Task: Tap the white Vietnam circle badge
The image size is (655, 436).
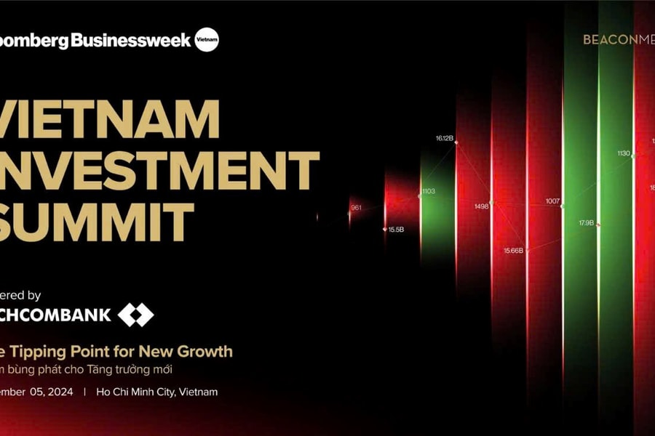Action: [x=207, y=40]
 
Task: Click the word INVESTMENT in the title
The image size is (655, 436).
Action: [x=160, y=170]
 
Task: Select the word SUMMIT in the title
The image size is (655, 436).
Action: [x=98, y=221]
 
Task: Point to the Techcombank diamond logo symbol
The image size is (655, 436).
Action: [x=136, y=315]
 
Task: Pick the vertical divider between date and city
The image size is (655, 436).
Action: [x=84, y=392]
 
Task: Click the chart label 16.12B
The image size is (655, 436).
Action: [x=445, y=137]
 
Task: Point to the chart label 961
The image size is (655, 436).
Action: [x=356, y=208]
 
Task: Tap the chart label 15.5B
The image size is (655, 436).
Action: [x=396, y=230]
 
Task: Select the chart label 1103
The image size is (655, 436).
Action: [x=428, y=191]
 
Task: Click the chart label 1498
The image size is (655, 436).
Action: [x=481, y=206]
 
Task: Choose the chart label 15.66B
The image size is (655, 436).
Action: [x=513, y=251]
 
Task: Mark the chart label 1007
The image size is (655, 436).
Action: [x=552, y=201]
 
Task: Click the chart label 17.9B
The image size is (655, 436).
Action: [x=586, y=222]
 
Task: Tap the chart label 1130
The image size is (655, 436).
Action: [x=624, y=153]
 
